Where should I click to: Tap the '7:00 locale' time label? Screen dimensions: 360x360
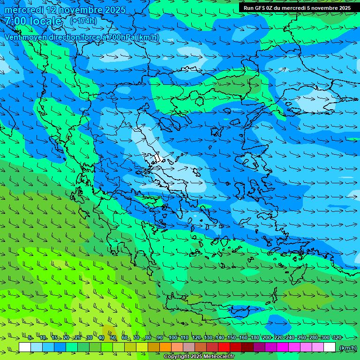click(x=33, y=21)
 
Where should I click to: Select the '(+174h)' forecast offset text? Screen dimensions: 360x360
click(x=83, y=21)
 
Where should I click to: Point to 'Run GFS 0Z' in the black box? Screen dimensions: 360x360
click(x=259, y=8)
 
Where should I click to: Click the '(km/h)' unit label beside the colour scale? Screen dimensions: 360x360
click(x=347, y=347)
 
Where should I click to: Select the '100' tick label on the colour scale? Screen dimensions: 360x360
click(x=172, y=337)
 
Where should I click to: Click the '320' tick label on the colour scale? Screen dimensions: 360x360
click(x=337, y=337)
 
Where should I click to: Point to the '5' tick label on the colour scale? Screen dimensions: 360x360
click(x=30, y=337)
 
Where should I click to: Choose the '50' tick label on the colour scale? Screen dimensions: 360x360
click(x=113, y=337)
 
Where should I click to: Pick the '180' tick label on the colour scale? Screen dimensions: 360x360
click(x=255, y=337)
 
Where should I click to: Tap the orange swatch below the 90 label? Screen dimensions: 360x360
click(x=165, y=347)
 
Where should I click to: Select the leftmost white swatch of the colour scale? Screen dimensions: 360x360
click(x=25, y=347)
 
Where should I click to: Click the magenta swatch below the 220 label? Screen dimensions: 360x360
click(x=283, y=347)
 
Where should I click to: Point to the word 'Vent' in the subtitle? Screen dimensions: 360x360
click(x=14, y=37)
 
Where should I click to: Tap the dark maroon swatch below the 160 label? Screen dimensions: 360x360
click(x=247, y=347)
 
